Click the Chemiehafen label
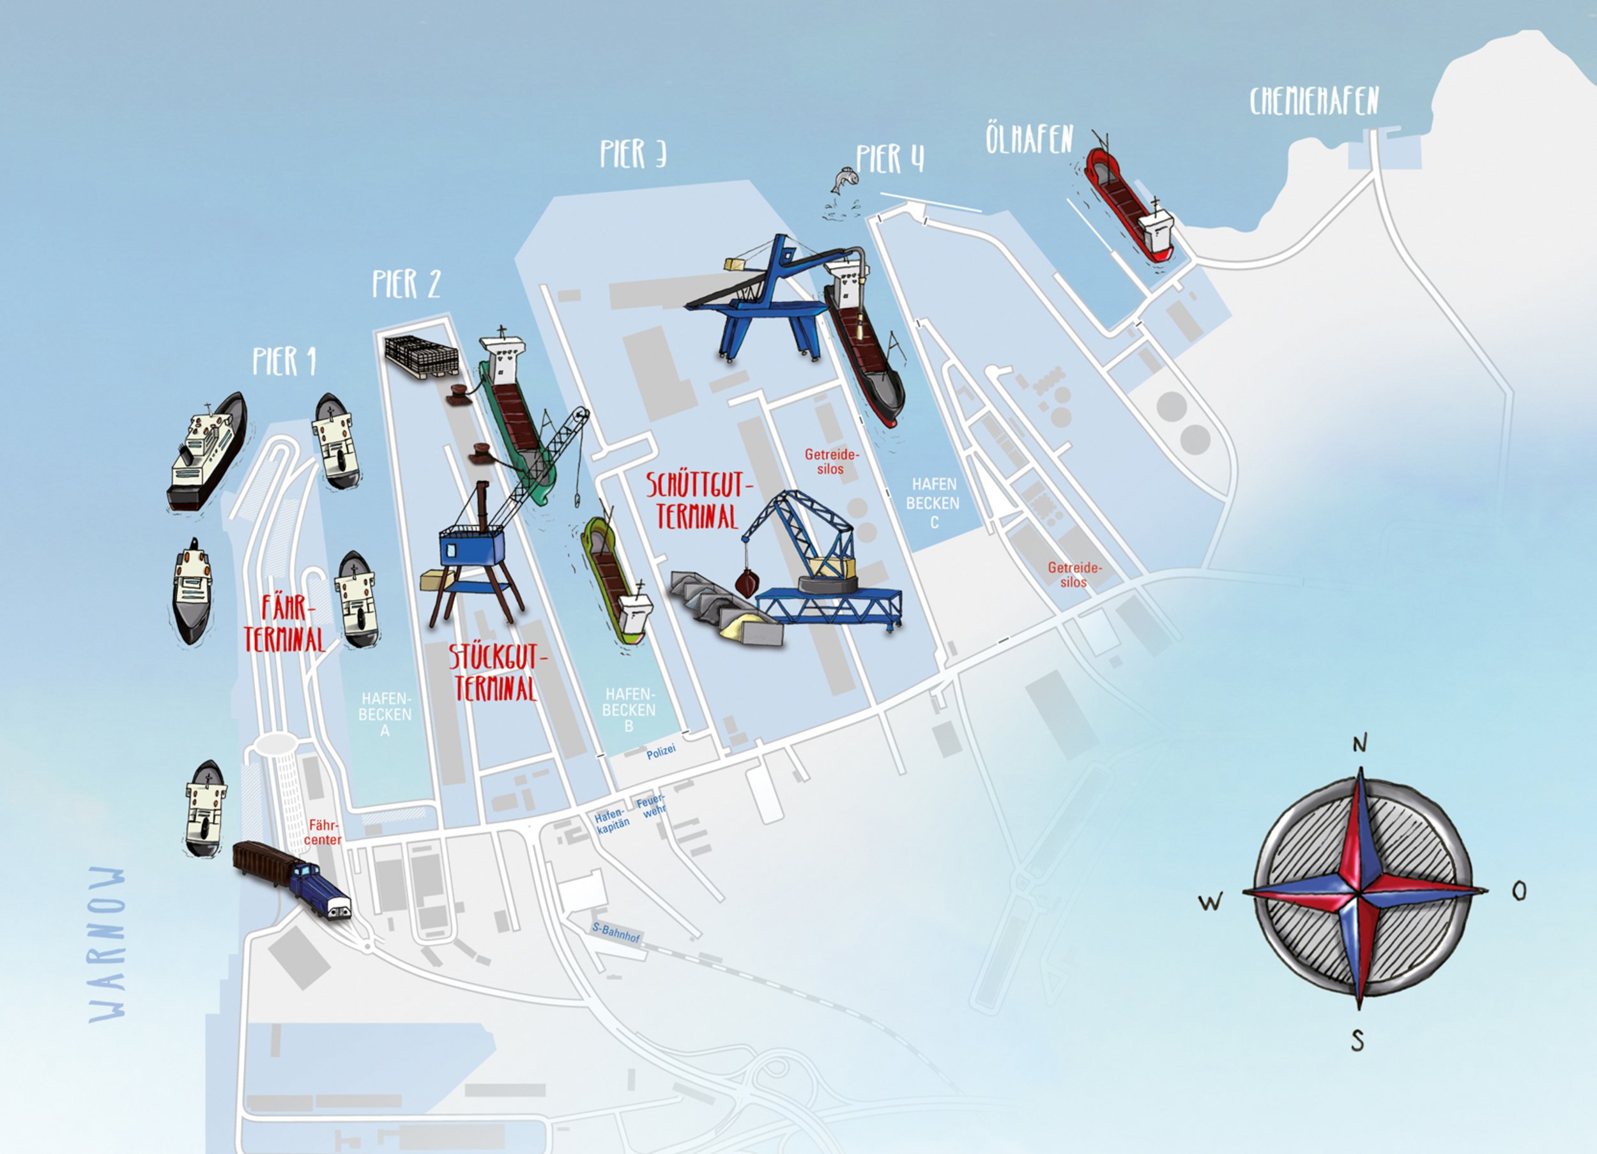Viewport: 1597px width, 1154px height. tap(1314, 102)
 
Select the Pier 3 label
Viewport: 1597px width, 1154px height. tap(632, 153)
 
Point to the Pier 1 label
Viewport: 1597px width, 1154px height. tap(284, 361)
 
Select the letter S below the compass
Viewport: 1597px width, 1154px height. tap(1357, 1040)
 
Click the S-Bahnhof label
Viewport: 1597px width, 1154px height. tap(616, 933)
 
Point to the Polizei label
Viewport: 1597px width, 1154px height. tap(661, 752)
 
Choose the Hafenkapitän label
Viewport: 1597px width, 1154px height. tap(611, 822)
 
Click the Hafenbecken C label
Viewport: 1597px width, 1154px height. tap(933, 503)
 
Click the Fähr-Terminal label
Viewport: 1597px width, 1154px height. tap(284, 624)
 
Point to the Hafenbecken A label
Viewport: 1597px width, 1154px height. tap(385, 715)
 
